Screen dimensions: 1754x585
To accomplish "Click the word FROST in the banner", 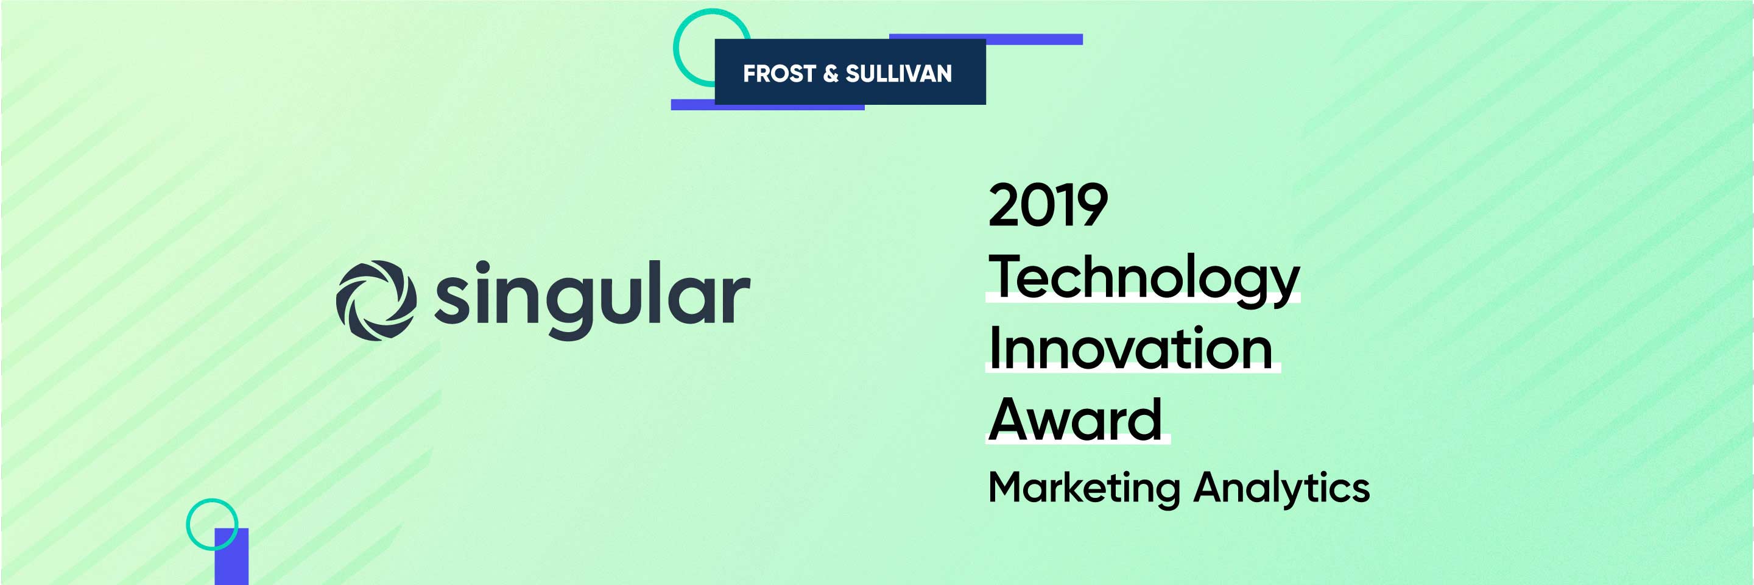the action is click(779, 74).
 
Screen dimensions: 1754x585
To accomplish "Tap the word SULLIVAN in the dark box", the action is click(899, 74).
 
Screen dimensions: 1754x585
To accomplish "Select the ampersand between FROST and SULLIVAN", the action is click(831, 74).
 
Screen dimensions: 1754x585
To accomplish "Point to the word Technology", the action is click(1144, 279).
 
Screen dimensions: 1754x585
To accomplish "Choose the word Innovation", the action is click(1131, 348).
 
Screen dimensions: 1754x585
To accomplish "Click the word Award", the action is click(1075, 419).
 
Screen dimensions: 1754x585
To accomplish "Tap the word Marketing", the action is click(1084, 489).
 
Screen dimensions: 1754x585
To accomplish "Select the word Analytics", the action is click(1281, 489).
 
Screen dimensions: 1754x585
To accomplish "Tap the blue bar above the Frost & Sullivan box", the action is click(986, 39).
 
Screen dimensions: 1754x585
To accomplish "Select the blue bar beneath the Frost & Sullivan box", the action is click(767, 105).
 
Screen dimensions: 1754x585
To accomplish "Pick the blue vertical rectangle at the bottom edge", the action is click(231, 556).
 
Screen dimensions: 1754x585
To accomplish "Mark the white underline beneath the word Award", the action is click(1078, 442).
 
